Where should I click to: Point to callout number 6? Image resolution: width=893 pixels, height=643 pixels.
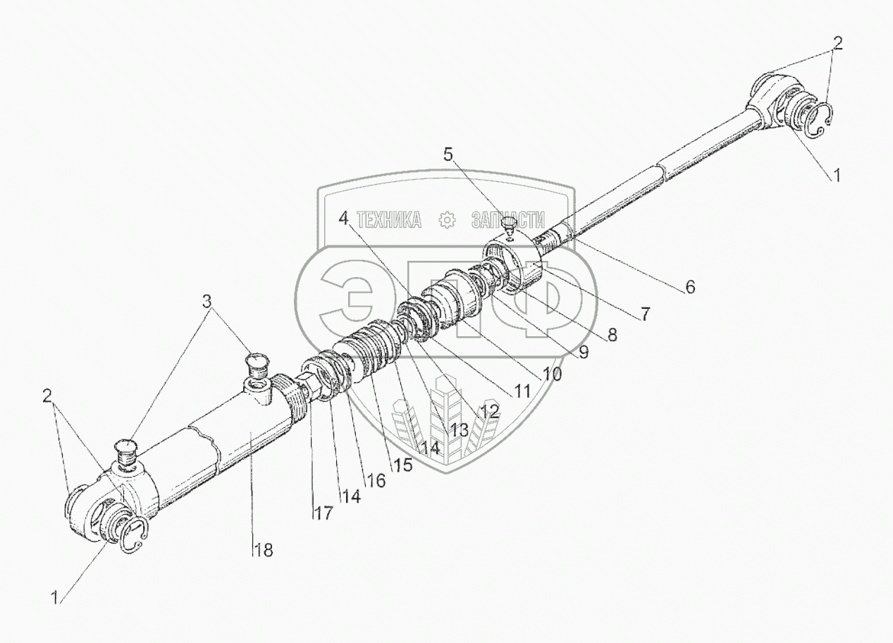tap(689, 287)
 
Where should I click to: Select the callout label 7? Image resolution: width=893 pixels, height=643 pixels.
tap(646, 314)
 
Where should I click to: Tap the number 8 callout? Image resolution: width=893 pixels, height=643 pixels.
tap(612, 336)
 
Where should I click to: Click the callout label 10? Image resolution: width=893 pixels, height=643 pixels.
tap(552, 374)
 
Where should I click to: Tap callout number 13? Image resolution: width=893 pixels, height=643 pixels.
tap(460, 429)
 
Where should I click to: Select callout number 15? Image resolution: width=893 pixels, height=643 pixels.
tap(403, 465)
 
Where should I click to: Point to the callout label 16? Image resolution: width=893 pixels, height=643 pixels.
tap(375, 480)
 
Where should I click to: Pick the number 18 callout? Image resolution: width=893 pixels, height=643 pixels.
tap(264, 550)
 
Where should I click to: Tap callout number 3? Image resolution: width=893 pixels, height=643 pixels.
tap(207, 301)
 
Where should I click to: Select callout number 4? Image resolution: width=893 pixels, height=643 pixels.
tap(343, 219)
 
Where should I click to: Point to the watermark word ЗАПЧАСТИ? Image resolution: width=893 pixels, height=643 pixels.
tap(509, 220)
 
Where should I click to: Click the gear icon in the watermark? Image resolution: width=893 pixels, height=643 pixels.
tap(446, 221)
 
